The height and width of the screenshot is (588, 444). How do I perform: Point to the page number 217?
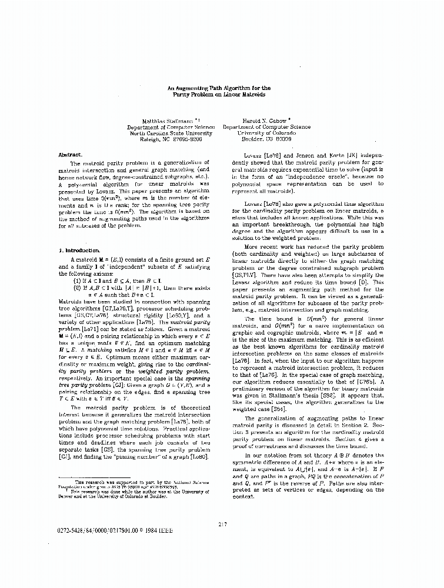(x=222, y=524)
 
